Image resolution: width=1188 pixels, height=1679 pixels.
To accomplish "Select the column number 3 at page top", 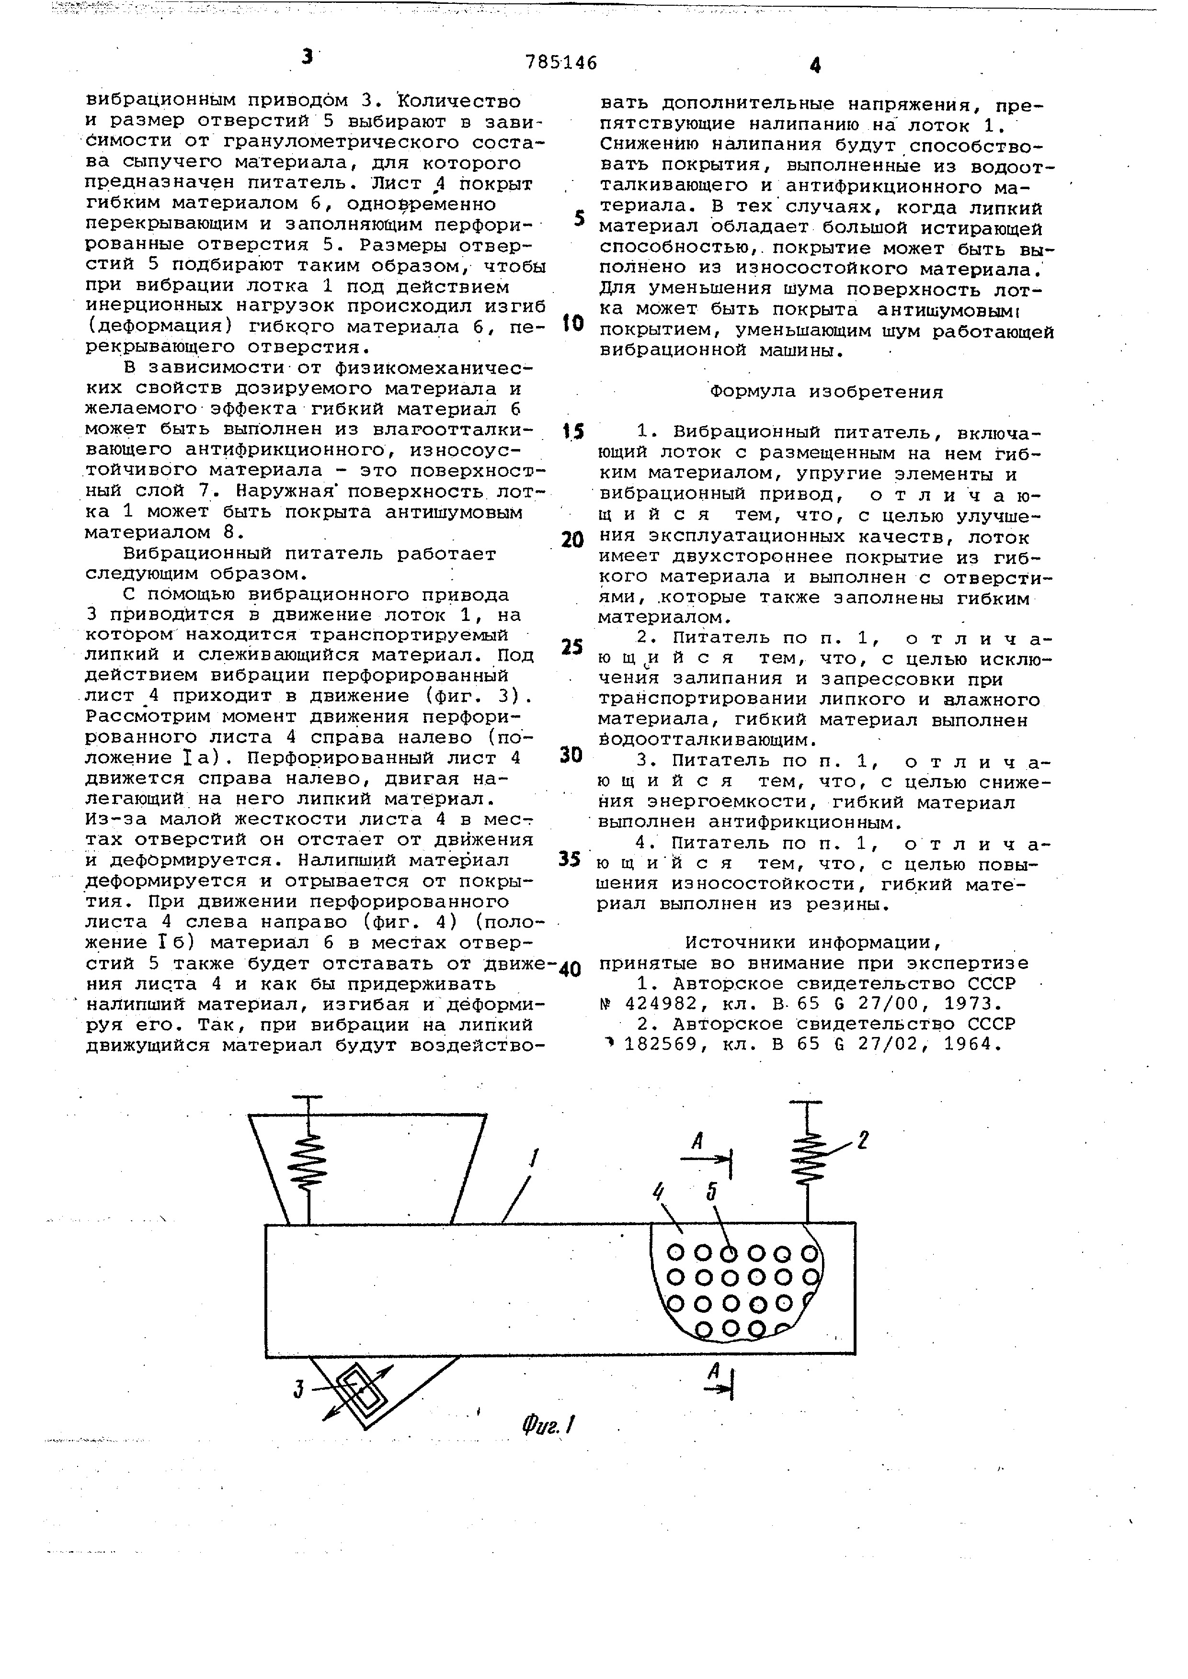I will coord(307,56).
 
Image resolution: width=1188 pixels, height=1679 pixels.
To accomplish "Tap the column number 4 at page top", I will coord(815,66).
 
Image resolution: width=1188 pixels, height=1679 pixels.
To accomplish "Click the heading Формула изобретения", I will coord(827,392).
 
